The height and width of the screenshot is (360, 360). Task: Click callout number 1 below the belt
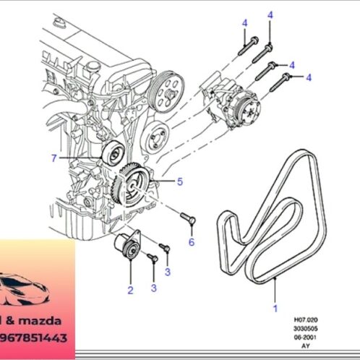pos(275,307)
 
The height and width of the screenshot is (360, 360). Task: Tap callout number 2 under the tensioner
pos(130,291)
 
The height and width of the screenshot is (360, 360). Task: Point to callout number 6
pos(192,242)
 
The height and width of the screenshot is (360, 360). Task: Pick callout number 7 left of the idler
pos(53,158)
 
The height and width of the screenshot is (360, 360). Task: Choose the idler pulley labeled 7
pos(112,154)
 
